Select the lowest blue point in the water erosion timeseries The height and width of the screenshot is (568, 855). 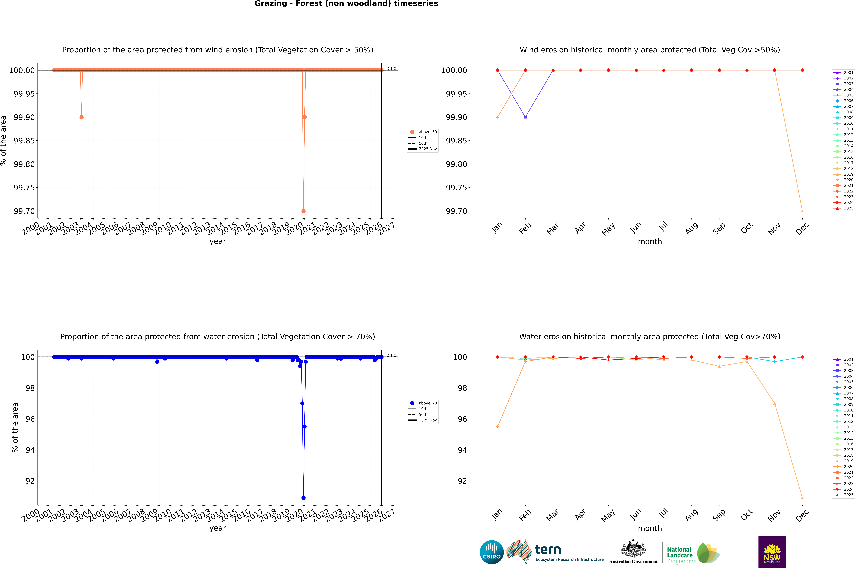pyautogui.click(x=303, y=498)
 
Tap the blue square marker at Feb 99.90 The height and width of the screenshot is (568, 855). pyautogui.click(x=525, y=117)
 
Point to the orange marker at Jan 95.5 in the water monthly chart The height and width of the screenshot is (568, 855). pyautogui.click(x=498, y=426)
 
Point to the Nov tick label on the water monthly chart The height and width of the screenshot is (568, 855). pyautogui.click(x=774, y=515)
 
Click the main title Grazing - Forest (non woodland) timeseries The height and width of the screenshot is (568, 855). pyautogui.click(x=346, y=4)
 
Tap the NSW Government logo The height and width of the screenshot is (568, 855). pyautogui.click(x=772, y=552)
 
